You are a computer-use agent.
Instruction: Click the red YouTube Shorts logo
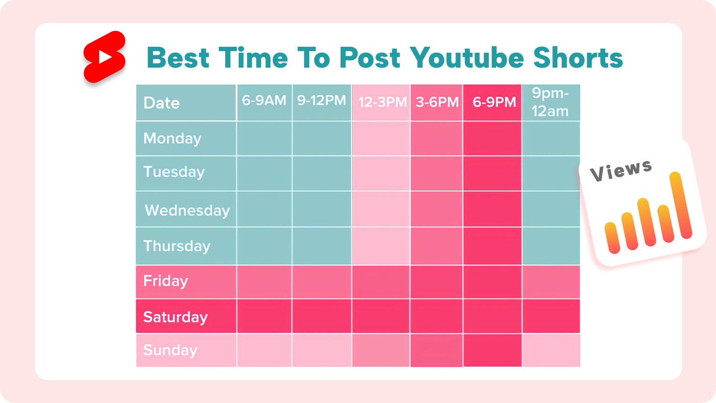point(104,57)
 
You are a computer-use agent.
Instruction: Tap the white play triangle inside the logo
point(105,57)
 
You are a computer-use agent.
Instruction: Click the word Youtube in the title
point(467,58)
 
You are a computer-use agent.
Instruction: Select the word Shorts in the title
point(578,58)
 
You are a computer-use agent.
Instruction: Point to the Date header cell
point(186,102)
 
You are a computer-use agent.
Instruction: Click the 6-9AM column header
point(265,102)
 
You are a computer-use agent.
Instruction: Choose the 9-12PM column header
point(322,102)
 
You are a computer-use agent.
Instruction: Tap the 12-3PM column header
point(381,102)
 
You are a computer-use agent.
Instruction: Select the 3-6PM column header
point(437,102)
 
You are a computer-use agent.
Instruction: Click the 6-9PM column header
point(492,102)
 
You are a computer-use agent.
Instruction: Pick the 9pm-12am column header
point(551,102)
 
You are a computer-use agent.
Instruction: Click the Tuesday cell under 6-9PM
point(492,173)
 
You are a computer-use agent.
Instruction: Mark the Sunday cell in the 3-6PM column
point(437,350)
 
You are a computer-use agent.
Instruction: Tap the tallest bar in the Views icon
point(681,205)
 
